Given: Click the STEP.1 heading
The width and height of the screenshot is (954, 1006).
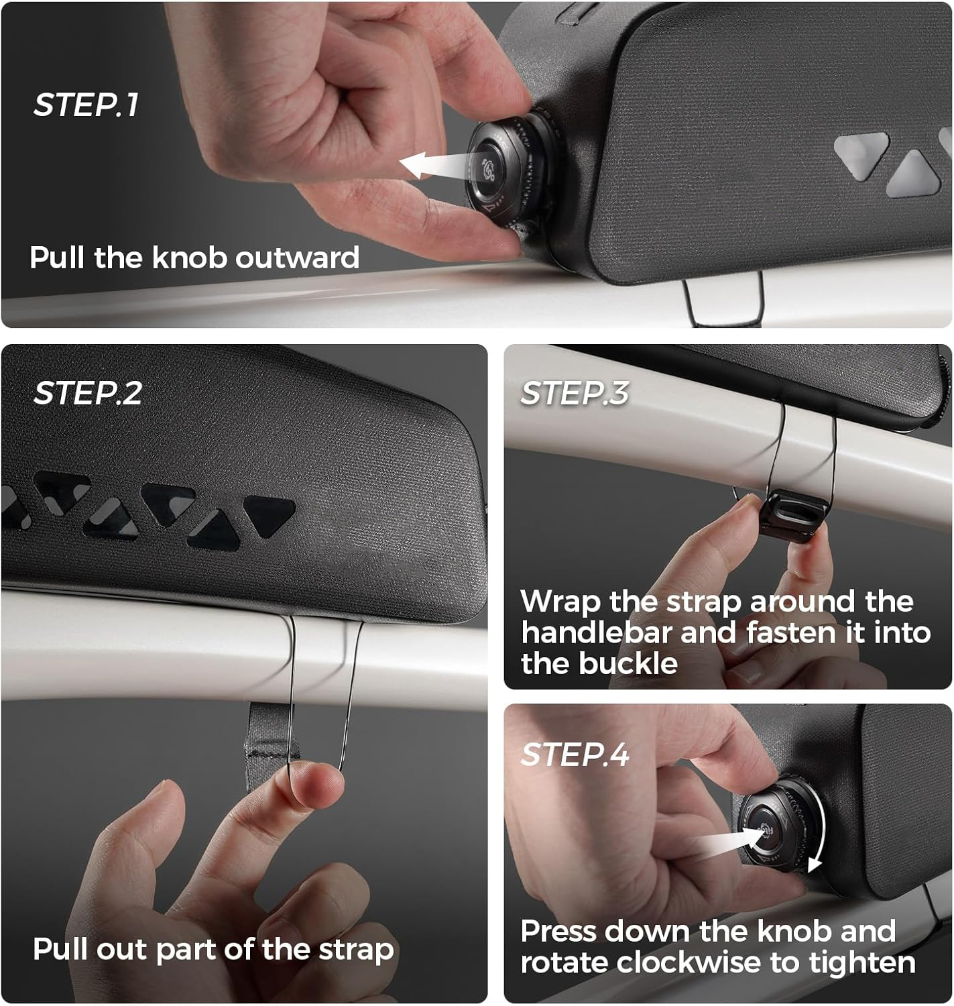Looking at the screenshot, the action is tap(86, 105).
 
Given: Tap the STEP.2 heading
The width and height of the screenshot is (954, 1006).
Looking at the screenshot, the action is tap(87, 393).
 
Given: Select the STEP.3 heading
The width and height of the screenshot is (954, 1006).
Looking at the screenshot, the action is tap(575, 393).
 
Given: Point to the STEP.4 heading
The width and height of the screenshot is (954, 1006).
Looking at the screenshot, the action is tap(575, 754).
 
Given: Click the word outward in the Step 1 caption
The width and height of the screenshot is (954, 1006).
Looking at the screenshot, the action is tap(297, 257).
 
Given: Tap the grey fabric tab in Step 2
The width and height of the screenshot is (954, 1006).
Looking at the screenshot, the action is tap(269, 742).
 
